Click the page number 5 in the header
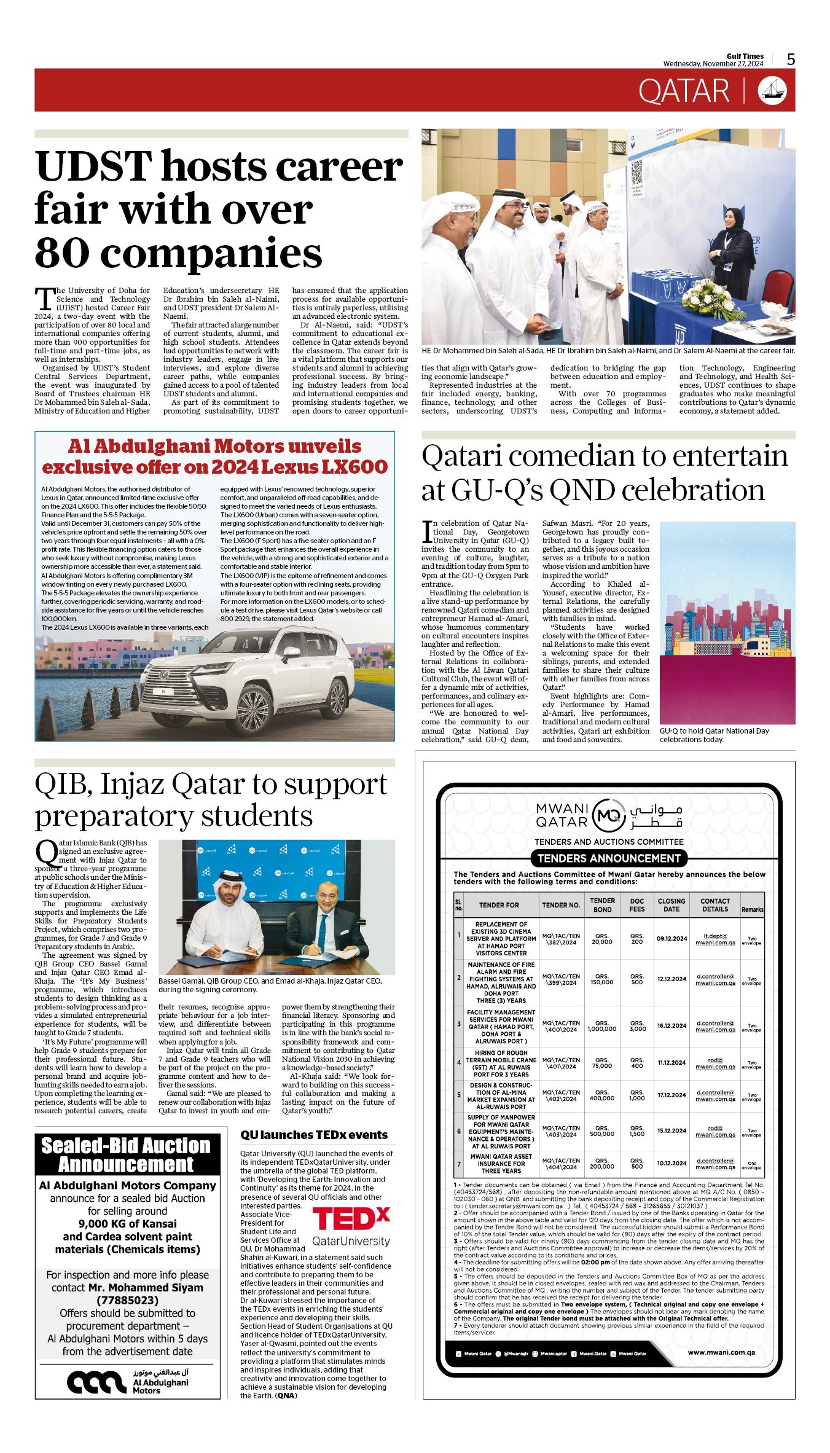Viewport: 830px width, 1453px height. coord(791,59)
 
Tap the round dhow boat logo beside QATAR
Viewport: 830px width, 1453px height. coord(772,91)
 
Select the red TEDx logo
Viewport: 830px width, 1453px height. coord(351,1218)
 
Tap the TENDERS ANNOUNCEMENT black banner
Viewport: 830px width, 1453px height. coord(608,858)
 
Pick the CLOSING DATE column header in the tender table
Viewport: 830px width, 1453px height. coord(671,905)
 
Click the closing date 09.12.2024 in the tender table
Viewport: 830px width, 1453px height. coord(671,938)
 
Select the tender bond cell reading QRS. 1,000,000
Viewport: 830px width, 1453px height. coord(601,1025)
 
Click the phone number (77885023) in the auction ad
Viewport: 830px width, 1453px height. coord(127,1300)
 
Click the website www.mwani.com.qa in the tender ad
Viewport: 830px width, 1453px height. coord(721,1352)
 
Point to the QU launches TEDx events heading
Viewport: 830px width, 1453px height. coord(314,1135)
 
